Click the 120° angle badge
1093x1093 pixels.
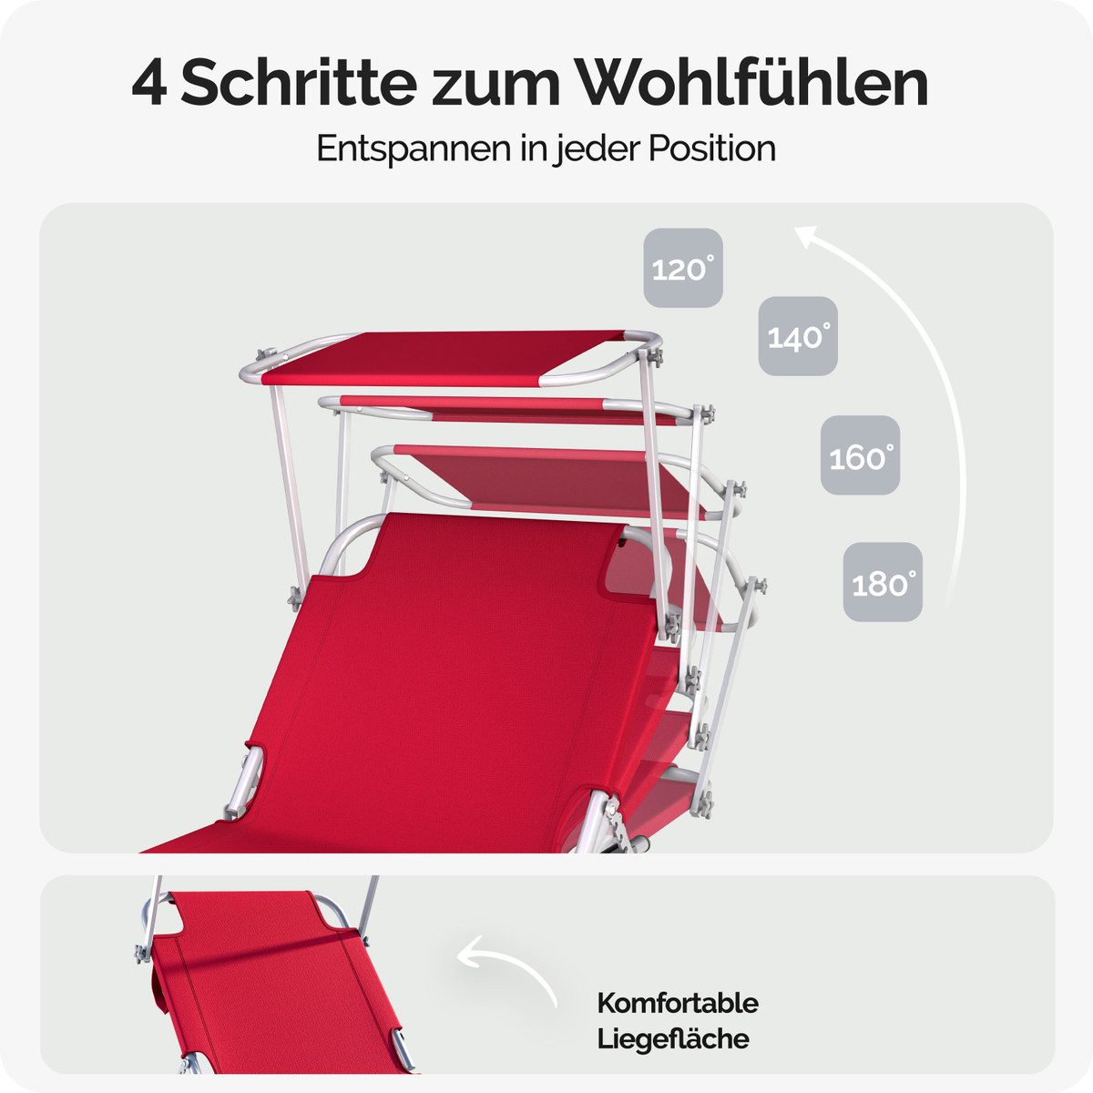point(683,268)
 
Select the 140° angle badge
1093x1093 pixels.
point(798,336)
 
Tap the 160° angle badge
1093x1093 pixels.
point(861,455)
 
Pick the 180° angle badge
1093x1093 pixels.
point(883,582)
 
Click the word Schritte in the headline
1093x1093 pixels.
point(299,84)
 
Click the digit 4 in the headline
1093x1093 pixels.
point(149,84)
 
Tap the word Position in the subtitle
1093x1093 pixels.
point(712,148)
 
